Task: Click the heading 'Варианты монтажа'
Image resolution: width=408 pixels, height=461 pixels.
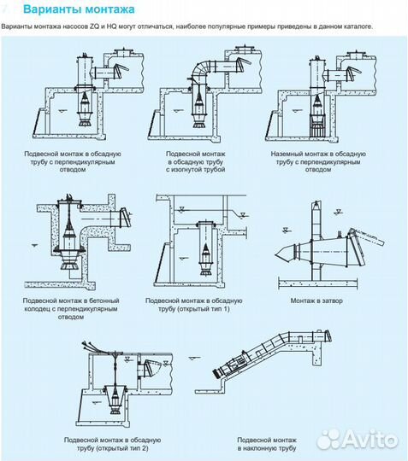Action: click(x=79, y=9)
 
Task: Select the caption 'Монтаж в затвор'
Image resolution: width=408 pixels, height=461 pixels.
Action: click(x=316, y=301)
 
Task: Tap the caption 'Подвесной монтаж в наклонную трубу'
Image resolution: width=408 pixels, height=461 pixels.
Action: click(x=267, y=444)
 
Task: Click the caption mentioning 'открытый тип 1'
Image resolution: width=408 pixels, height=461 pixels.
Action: click(x=194, y=305)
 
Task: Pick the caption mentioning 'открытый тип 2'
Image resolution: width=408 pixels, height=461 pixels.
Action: click(x=112, y=444)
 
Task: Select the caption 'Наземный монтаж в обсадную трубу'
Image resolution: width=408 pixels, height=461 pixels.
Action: click(x=318, y=161)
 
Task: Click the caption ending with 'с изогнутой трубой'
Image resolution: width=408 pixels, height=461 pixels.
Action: click(x=196, y=161)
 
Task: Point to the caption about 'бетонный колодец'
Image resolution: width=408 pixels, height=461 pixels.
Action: click(x=71, y=309)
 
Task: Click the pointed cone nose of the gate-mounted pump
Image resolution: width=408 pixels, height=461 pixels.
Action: click(x=283, y=254)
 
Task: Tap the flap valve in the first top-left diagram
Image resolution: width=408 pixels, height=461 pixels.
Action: click(x=121, y=70)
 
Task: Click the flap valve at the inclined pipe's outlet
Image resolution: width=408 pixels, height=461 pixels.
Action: click(x=328, y=336)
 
